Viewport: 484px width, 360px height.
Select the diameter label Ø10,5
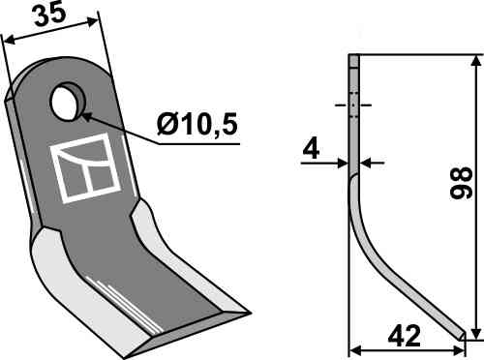click(197, 126)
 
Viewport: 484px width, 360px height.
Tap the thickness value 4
click(310, 148)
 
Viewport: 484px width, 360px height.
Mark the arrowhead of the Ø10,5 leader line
click(84, 115)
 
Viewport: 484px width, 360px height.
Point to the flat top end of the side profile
click(353, 57)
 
